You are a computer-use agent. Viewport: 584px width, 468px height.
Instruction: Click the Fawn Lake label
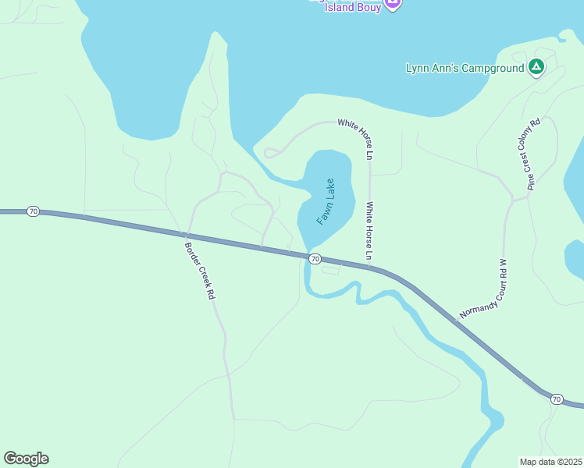coord(326,202)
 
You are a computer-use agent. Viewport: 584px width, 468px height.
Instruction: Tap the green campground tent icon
coord(536,68)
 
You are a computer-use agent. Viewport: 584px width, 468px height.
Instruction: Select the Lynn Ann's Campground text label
coord(465,69)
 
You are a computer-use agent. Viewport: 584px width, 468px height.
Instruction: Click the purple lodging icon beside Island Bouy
coord(393,4)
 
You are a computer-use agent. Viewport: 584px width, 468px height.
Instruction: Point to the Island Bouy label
coord(353,8)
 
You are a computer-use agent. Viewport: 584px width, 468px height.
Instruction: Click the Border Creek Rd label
coord(198,271)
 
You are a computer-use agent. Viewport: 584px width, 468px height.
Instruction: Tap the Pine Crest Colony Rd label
coord(534,154)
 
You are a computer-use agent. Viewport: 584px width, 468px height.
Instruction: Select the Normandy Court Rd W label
coord(484,289)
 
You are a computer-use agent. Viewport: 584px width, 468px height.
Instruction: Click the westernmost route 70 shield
coord(32,211)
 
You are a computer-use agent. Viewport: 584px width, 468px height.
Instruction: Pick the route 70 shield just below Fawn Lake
coord(314,258)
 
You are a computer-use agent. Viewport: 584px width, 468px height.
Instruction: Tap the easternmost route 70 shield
coord(556,399)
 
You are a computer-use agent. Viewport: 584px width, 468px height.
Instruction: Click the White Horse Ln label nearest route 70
coord(370,232)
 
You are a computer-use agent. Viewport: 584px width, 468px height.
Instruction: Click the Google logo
coord(26,459)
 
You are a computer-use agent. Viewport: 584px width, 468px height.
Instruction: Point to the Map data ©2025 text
coord(550,461)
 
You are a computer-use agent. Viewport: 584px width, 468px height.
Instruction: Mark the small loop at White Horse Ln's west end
coord(270,153)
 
